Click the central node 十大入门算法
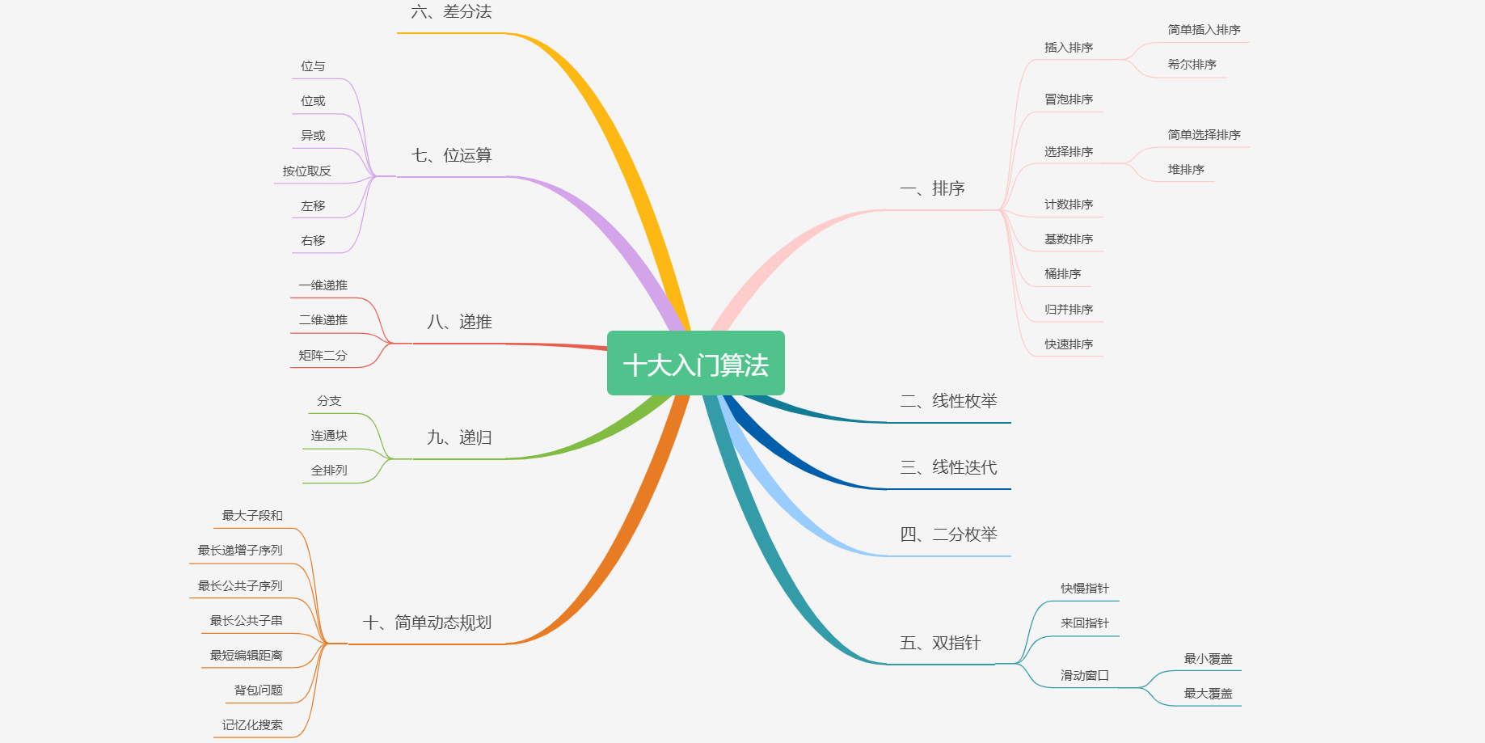[x=695, y=364]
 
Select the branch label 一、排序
[x=932, y=189]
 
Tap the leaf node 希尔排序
[x=1192, y=65]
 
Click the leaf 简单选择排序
[x=1204, y=135]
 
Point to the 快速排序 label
[x=1068, y=344]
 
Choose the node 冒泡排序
[x=1068, y=99]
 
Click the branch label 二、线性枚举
[x=948, y=401]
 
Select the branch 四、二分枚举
[x=948, y=534]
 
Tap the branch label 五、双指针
[x=940, y=643]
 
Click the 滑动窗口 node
[x=1084, y=676]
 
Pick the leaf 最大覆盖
[x=1208, y=694]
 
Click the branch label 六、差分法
[x=451, y=12]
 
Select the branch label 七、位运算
[x=451, y=155]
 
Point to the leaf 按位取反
[x=306, y=171]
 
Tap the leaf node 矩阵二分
[x=323, y=356]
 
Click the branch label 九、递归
[x=459, y=438]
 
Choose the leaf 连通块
[x=329, y=436]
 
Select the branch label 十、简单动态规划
[x=427, y=623]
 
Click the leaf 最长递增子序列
[x=240, y=551]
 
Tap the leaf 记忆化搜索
[x=252, y=725]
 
